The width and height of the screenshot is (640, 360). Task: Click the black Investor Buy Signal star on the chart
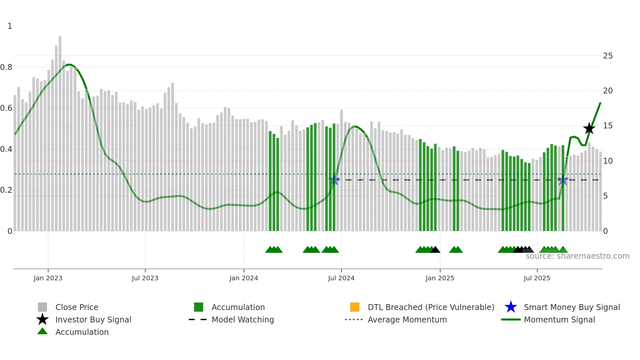[589, 128]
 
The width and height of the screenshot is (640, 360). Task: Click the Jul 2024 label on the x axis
[341, 278]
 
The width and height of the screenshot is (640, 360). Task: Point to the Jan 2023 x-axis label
[48, 278]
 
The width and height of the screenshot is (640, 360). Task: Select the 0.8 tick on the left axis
[6, 67]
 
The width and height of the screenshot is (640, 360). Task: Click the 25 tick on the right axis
[608, 56]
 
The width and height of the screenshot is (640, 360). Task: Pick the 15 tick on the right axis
[608, 126]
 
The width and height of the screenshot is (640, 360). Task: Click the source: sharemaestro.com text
[577, 256]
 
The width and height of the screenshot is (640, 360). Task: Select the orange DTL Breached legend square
[355, 307]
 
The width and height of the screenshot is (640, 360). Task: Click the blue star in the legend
[511, 307]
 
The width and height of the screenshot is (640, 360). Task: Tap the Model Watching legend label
[243, 319]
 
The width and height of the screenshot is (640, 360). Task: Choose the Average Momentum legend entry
[407, 319]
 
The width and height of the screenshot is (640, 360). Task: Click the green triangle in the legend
[42, 332]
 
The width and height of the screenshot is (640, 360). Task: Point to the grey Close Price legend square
[42, 307]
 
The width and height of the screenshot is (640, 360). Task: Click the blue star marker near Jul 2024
[334, 180]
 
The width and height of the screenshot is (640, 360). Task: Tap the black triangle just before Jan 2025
[435, 250]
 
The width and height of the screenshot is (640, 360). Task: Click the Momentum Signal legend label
[559, 319]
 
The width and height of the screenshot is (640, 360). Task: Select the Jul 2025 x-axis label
[537, 278]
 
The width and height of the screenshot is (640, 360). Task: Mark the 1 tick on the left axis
[10, 26]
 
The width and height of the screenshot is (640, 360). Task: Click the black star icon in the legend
[42, 319]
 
